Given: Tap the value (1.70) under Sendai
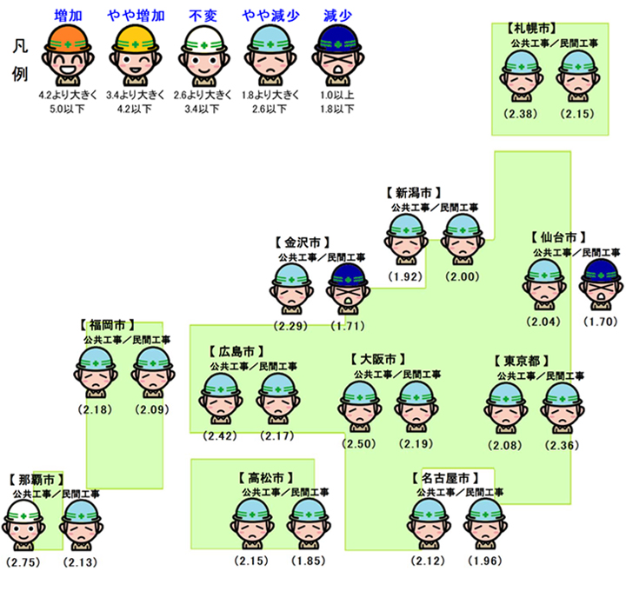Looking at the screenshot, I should [599, 321].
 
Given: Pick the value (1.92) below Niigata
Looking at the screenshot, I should [405, 276].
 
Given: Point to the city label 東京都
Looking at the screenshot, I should [524, 361].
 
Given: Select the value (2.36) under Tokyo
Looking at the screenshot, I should [561, 446].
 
